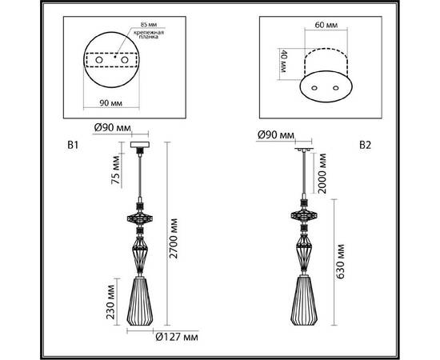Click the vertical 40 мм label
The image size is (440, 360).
coord(282,62)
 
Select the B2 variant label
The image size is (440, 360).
coord(364,146)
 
